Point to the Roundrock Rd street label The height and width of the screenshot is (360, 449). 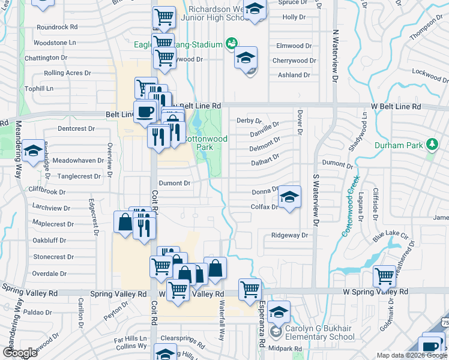(57, 27)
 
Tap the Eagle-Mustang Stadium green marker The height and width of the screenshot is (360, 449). (231, 43)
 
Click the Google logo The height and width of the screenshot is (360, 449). (20, 353)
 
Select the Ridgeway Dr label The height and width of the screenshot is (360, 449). (289, 235)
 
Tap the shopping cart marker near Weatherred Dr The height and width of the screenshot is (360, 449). (384, 277)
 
